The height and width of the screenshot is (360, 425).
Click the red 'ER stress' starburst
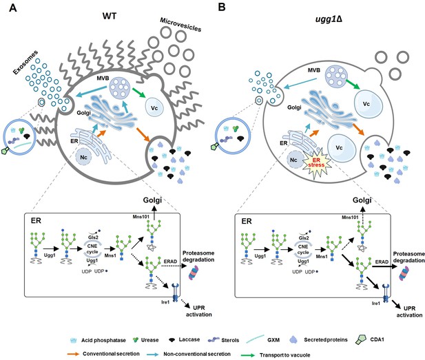click(x=317, y=163)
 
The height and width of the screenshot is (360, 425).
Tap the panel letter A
click(x=12, y=8)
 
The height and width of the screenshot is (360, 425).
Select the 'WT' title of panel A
click(x=110, y=16)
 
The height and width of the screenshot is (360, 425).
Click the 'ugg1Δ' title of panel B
click(x=328, y=19)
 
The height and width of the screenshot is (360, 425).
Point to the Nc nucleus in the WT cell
click(x=83, y=157)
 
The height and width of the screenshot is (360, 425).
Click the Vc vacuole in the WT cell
click(x=154, y=108)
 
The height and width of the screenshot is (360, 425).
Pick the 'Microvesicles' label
click(x=180, y=25)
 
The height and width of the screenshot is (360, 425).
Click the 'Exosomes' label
click(x=25, y=63)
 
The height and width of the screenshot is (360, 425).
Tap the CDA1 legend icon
click(x=361, y=339)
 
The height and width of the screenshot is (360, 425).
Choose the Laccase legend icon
click(x=172, y=339)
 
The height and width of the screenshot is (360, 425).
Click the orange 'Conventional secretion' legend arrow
click(x=73, y=354)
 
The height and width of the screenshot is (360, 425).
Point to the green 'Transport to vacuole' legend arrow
click(x=248, y=355)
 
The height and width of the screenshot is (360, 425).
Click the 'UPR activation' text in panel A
click(x=199, y=311)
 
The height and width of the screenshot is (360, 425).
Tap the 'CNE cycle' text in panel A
click(x=92, y=249)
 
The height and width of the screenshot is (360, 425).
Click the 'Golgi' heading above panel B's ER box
click(x=362, y=200)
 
